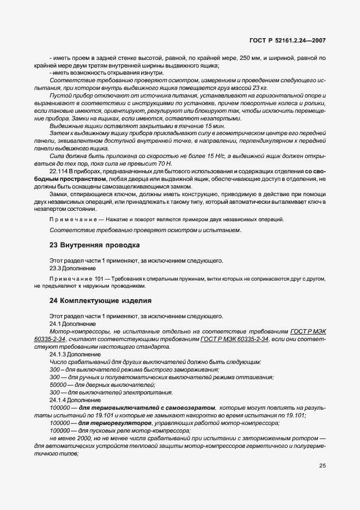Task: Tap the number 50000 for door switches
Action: pyautogui.click(x=58, y=384)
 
